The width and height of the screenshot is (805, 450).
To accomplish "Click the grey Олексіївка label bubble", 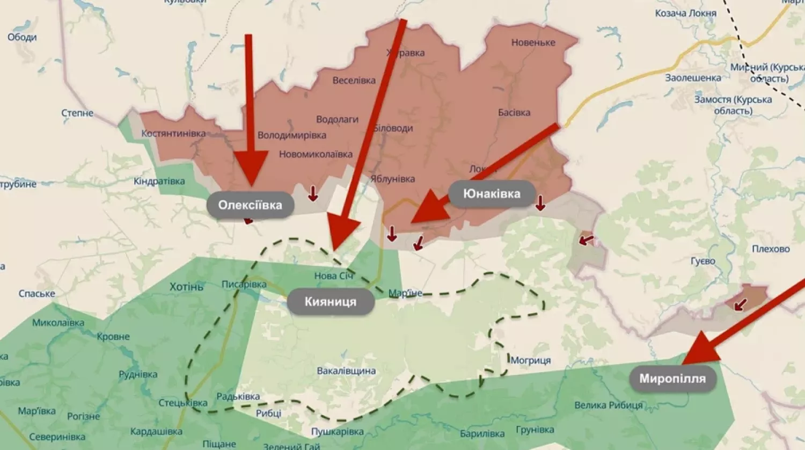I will [x=250, y=205].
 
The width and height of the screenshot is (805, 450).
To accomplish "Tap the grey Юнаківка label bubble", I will [x=492, y=194].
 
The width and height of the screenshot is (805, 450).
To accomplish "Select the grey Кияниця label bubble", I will [x=330, y=302].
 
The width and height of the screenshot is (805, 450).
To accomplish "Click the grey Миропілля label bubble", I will [x=672, y=379].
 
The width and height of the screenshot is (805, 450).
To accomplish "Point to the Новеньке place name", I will [x=533, y=42].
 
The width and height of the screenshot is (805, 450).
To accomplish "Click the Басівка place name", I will [x=514, y=113].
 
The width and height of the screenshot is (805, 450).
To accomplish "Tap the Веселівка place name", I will [x=354, y=81].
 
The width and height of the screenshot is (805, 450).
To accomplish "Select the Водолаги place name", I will [x=337, y=119].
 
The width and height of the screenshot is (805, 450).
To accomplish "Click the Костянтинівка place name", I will [x=173, y=133].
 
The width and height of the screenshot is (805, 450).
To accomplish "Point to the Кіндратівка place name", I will [x=159, y=181].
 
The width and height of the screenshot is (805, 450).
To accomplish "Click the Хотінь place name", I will [x=186, y=287].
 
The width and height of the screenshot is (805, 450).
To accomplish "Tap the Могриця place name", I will [x=530, y=360].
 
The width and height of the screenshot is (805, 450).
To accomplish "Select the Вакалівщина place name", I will [x=346, y=371].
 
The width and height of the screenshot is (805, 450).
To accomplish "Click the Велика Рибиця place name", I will [x=608, y=405].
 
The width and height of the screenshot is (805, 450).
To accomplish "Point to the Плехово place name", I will [x=771, y=249].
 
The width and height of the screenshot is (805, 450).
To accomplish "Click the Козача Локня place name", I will [x=685, y=13].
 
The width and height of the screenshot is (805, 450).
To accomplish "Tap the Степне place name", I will [x=77, y=113].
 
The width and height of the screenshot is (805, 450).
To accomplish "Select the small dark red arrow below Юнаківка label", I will [x=540, y=203].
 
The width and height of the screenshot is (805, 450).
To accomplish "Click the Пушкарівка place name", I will [x=337, y=432].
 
